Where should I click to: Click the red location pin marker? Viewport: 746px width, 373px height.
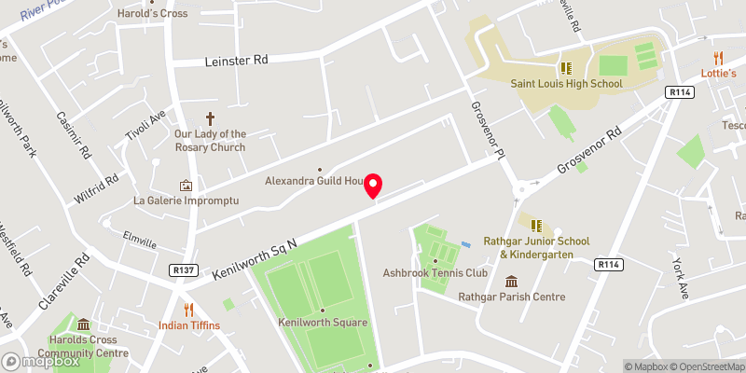(374, 186)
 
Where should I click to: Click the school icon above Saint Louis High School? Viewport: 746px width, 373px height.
(565, 67)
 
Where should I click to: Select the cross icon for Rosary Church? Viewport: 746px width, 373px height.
(210, 118)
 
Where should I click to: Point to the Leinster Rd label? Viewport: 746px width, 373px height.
(236, 60)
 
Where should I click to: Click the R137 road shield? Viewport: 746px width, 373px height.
(184, 270)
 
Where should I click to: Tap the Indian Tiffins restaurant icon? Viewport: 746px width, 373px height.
(188, 309)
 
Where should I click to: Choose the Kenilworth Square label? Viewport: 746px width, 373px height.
(323, 323)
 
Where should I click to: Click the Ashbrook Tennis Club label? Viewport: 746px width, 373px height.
(435, 273)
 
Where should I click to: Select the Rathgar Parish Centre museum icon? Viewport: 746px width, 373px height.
(512, 282)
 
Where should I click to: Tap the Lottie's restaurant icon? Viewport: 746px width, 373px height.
(718, 58)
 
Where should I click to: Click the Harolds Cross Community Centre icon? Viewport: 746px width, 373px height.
(84, 325)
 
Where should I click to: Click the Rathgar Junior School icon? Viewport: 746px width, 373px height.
(537, 224)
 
